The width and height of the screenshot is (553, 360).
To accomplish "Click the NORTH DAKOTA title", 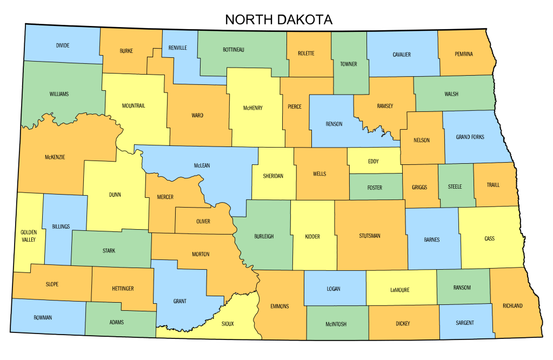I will [x=278, y=19].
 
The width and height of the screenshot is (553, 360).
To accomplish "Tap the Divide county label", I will [x=63, y=45].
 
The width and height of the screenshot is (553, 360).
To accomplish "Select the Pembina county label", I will [x=464, y=54].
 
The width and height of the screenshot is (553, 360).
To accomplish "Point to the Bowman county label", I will [x=43, y=317].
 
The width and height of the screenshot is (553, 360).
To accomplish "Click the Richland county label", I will [x=512, y=306].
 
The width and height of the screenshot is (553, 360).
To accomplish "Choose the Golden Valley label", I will [x=29, y=235].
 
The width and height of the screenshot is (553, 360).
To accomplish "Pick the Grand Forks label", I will [x=470, y=137].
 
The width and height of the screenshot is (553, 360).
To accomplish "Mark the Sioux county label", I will [x=228, y=324].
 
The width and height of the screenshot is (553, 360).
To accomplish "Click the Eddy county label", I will [x=374, y=161].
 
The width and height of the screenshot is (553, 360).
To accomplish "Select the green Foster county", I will [x=375, y=188].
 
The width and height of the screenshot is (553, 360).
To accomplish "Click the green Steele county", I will [x=455, y=186].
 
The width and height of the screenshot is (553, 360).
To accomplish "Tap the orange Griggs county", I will [x=419, y=187].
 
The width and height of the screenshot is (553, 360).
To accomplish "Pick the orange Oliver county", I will [x=203, y=221].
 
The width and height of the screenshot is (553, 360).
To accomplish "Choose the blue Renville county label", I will [x=178, y=48].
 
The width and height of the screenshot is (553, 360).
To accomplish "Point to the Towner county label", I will [x=349, y=64].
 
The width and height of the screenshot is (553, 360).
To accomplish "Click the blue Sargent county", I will [x=465, y=323].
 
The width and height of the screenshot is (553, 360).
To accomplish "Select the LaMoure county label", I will [x=399, y=290].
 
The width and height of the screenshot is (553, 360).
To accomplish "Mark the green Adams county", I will [x=116, y=322].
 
